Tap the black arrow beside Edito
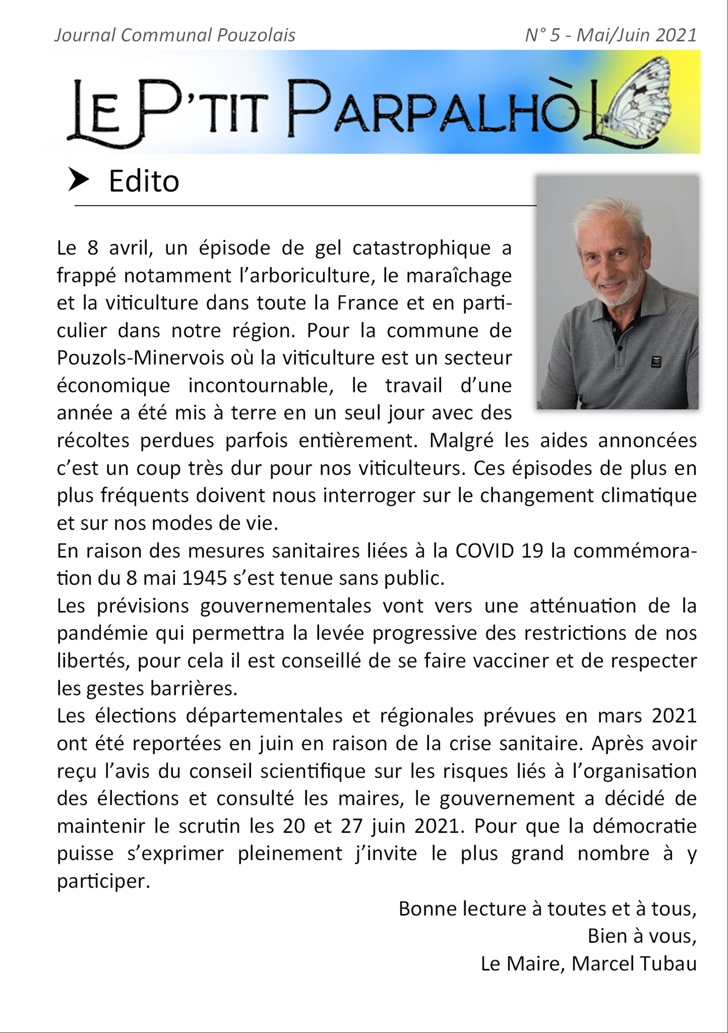tap(78, 180)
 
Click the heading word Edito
tap(144, 181)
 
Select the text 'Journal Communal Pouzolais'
tap(175, 35)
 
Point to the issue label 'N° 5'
tap(542, 35)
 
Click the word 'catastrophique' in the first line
tap(421, 248)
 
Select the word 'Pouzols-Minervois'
tap(140, 358)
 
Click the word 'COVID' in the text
tap(484, 551)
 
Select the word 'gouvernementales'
tap(285, 606)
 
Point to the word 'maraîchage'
tap(459, 276)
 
